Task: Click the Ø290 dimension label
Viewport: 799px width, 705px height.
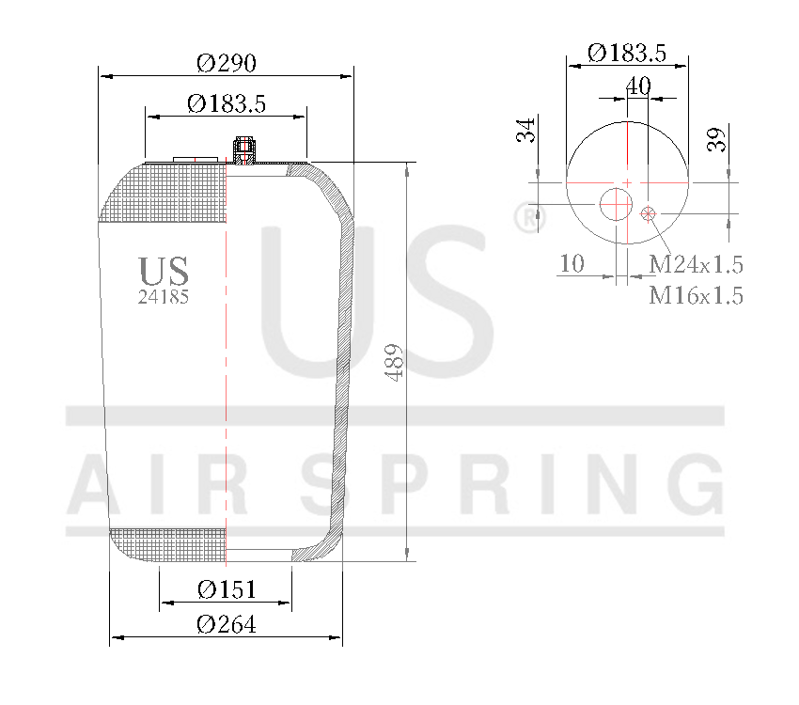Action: point(227,63)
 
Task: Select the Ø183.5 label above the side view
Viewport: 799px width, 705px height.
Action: point(227,103)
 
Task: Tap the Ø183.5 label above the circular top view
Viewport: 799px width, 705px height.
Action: point(627,54)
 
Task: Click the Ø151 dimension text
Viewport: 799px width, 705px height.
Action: point(227,589)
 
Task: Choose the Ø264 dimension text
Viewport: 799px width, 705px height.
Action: point(227,623)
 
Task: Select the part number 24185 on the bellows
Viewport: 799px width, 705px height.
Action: point(164,297)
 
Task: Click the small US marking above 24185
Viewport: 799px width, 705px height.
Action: point(164,272)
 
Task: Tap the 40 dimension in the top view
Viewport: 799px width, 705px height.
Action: point(638,86)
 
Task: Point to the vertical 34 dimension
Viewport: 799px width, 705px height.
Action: point(527,130)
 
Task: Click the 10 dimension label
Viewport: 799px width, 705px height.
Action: point(572,263)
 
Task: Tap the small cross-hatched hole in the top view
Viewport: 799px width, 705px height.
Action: point(648,214)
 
